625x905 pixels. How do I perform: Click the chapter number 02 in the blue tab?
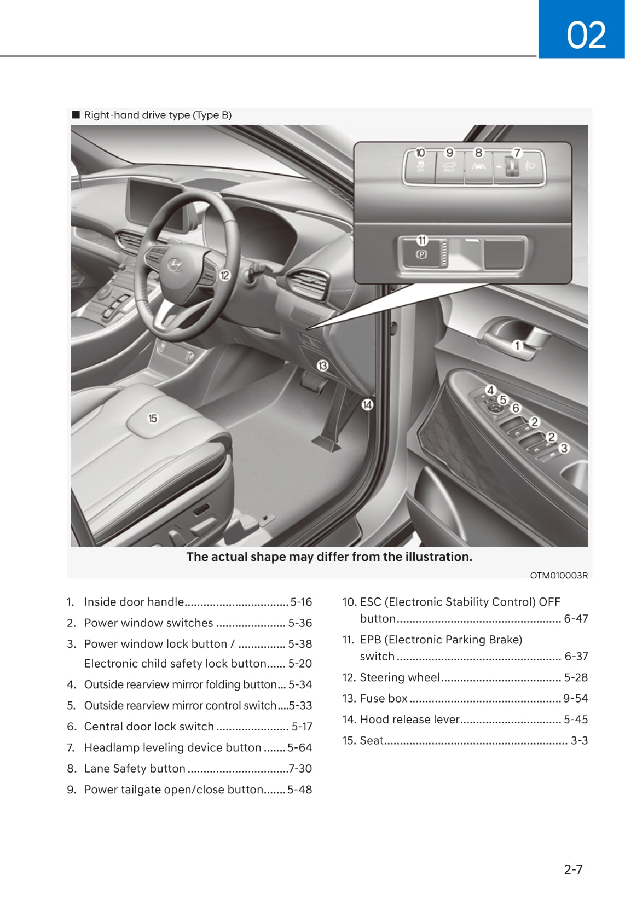coord(586,35)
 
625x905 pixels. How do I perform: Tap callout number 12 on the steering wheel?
coord(225,275)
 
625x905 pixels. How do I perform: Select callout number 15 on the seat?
coord(153,418)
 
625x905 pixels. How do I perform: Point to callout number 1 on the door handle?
coord(517,345)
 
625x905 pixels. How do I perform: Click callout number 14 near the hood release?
coord(367,405)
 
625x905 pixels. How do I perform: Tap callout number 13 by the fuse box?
coord(322,365)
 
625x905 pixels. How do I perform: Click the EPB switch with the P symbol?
coord(421,254)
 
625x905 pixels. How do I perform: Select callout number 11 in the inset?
coord(422,240)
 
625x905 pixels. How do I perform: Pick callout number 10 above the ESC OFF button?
coord(420,153)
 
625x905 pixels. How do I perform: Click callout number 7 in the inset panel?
coord(517,153)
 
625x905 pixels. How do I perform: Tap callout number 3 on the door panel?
coord(564,448)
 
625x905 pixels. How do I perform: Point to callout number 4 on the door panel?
coord(491,390)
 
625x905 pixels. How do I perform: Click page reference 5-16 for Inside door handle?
coord(301,602)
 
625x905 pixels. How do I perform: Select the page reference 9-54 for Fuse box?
coord(575,698)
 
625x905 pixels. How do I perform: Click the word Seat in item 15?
coord(372,740)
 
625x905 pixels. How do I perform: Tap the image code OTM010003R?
coord(559,575)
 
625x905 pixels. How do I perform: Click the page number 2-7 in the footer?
coord(573,869)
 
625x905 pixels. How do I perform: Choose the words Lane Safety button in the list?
coord(135,768)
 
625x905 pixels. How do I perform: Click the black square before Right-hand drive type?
coord(76,115)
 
